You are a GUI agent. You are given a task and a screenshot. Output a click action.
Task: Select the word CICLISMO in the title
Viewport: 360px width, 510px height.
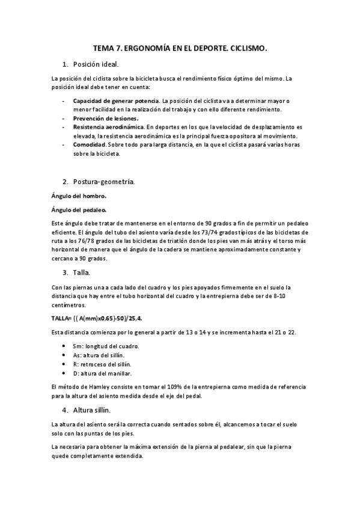click(245, 46)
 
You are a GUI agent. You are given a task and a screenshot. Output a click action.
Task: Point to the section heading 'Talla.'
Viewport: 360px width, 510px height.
click(84, 272)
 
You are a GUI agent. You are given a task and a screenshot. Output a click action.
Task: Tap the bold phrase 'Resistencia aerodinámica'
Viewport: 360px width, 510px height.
click(108, 127)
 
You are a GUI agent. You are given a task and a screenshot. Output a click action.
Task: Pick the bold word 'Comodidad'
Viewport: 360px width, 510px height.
click(90, 145)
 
